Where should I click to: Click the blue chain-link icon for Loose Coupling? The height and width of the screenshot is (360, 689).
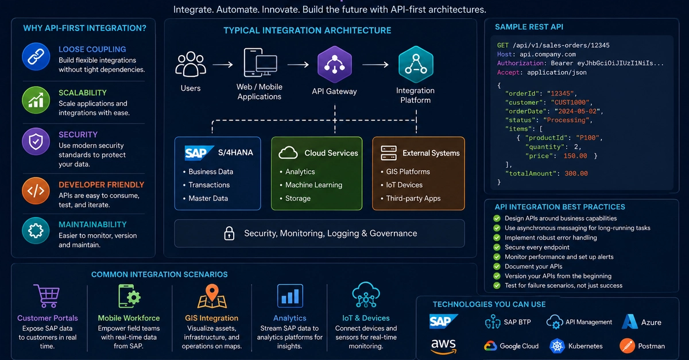36,57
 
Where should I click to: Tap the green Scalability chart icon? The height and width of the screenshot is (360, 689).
36,100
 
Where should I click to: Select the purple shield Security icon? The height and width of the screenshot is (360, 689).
36,142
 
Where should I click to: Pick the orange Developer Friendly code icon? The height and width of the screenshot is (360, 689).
36,191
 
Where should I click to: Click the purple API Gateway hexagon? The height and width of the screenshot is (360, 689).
335,65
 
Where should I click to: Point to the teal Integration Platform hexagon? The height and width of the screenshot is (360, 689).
416,65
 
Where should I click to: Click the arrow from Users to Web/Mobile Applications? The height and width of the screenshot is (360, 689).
223,65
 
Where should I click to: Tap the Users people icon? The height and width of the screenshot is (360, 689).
191,64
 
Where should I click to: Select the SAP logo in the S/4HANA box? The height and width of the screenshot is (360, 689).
199,153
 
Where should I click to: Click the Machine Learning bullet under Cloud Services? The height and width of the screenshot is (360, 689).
313,185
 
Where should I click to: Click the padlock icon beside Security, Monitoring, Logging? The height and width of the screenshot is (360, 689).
229,233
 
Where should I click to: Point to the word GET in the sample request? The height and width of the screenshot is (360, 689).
502,45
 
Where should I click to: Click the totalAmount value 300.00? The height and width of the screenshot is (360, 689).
576,173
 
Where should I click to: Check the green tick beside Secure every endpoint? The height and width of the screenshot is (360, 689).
497,247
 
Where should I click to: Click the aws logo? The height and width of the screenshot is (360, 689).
443,346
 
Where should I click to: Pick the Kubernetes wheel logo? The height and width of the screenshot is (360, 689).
557,346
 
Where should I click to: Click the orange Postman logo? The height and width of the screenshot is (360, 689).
627,346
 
